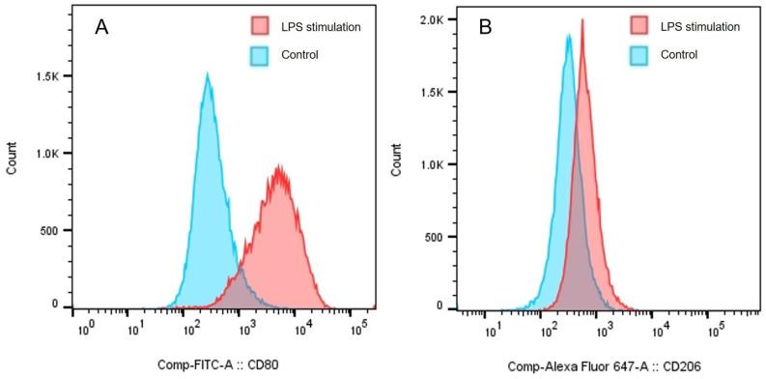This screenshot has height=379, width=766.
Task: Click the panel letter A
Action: [x=100, y=28]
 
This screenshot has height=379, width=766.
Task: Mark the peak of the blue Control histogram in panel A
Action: [x=207, y=73]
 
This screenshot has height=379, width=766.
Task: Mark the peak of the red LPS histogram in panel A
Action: [x=279, y=166]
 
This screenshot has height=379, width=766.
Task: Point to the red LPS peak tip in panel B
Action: [x=582, y=19]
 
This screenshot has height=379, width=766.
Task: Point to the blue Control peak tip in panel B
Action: [x=570, y=36]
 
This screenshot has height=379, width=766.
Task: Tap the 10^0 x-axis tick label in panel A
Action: [x=85, y=330]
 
